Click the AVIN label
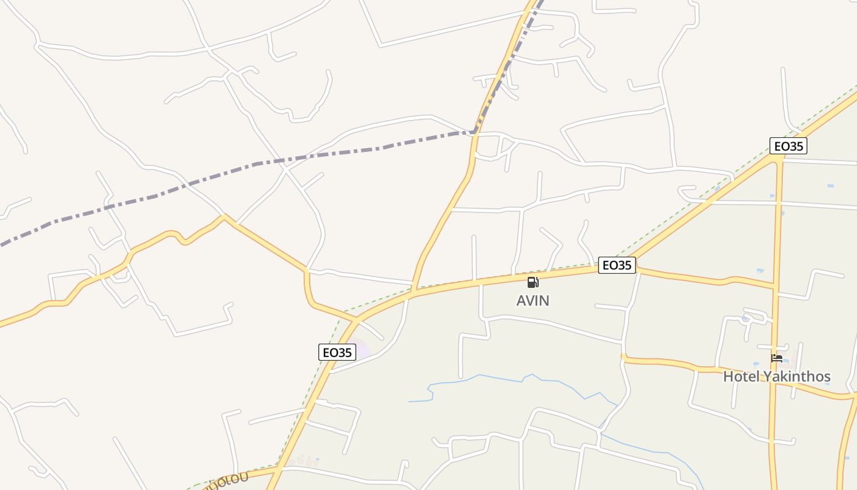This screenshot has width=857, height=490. click(x=533, y=301)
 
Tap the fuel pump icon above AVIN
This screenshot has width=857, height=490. click(x=533, y=282)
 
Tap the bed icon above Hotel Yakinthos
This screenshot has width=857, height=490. click(x=777, y=358)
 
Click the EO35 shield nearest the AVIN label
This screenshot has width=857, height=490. click(x=616, y=265)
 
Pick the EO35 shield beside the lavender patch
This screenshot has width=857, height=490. click(x=337, y=352)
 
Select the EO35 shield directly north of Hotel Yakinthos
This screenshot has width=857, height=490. click(x=788, y=146)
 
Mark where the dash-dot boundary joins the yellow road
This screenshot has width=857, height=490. click(x=474, y=132)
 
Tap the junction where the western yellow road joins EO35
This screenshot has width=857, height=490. click(x=356, y=320)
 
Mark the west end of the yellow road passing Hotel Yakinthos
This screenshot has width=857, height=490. click(x=624, y=357)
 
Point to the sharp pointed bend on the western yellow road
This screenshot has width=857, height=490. click(x=225, y=216)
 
